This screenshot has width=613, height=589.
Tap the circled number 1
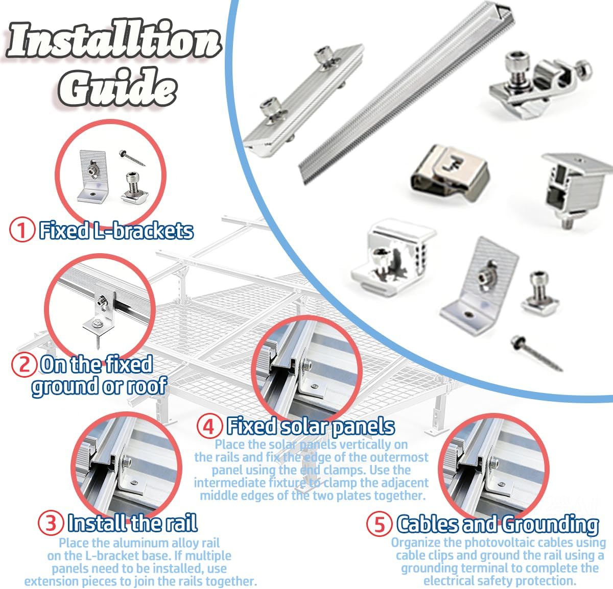pyautogui.click(x=22, y=230)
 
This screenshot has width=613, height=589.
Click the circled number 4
pyautogui.click(x=209, y=426)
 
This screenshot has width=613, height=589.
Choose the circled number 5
pyautogui.click(x=379, y=524)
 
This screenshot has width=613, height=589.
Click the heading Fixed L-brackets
pyautogui.click(x=116, y=231)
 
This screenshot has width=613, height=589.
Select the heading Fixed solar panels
pyautogui.click(x=311, y=426)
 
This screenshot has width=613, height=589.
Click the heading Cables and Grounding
pyautogui.click(x=498, y=524)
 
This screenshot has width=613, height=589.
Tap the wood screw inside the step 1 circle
pyautogui.click(x=133, y=158)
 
